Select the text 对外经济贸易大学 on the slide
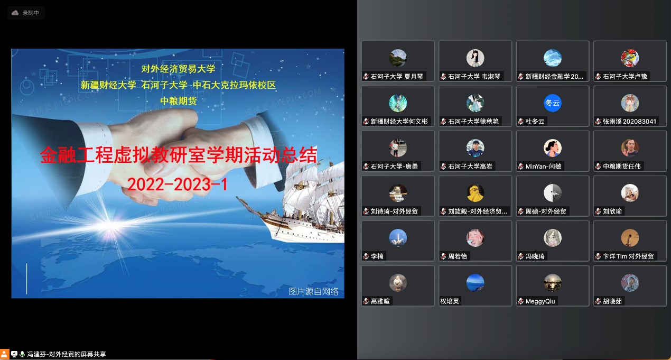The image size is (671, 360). [179, 69]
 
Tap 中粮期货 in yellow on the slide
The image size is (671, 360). [179, 100]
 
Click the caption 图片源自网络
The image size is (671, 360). [313, 291]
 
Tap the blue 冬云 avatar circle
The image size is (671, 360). [553, 103]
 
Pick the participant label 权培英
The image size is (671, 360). [450, 301]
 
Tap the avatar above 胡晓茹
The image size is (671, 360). [630, 283]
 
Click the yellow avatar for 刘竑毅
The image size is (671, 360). [476, 193]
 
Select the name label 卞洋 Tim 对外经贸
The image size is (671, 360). [628, 256]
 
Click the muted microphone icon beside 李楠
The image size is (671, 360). [366, 256]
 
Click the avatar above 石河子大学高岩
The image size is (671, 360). [476, 148]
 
